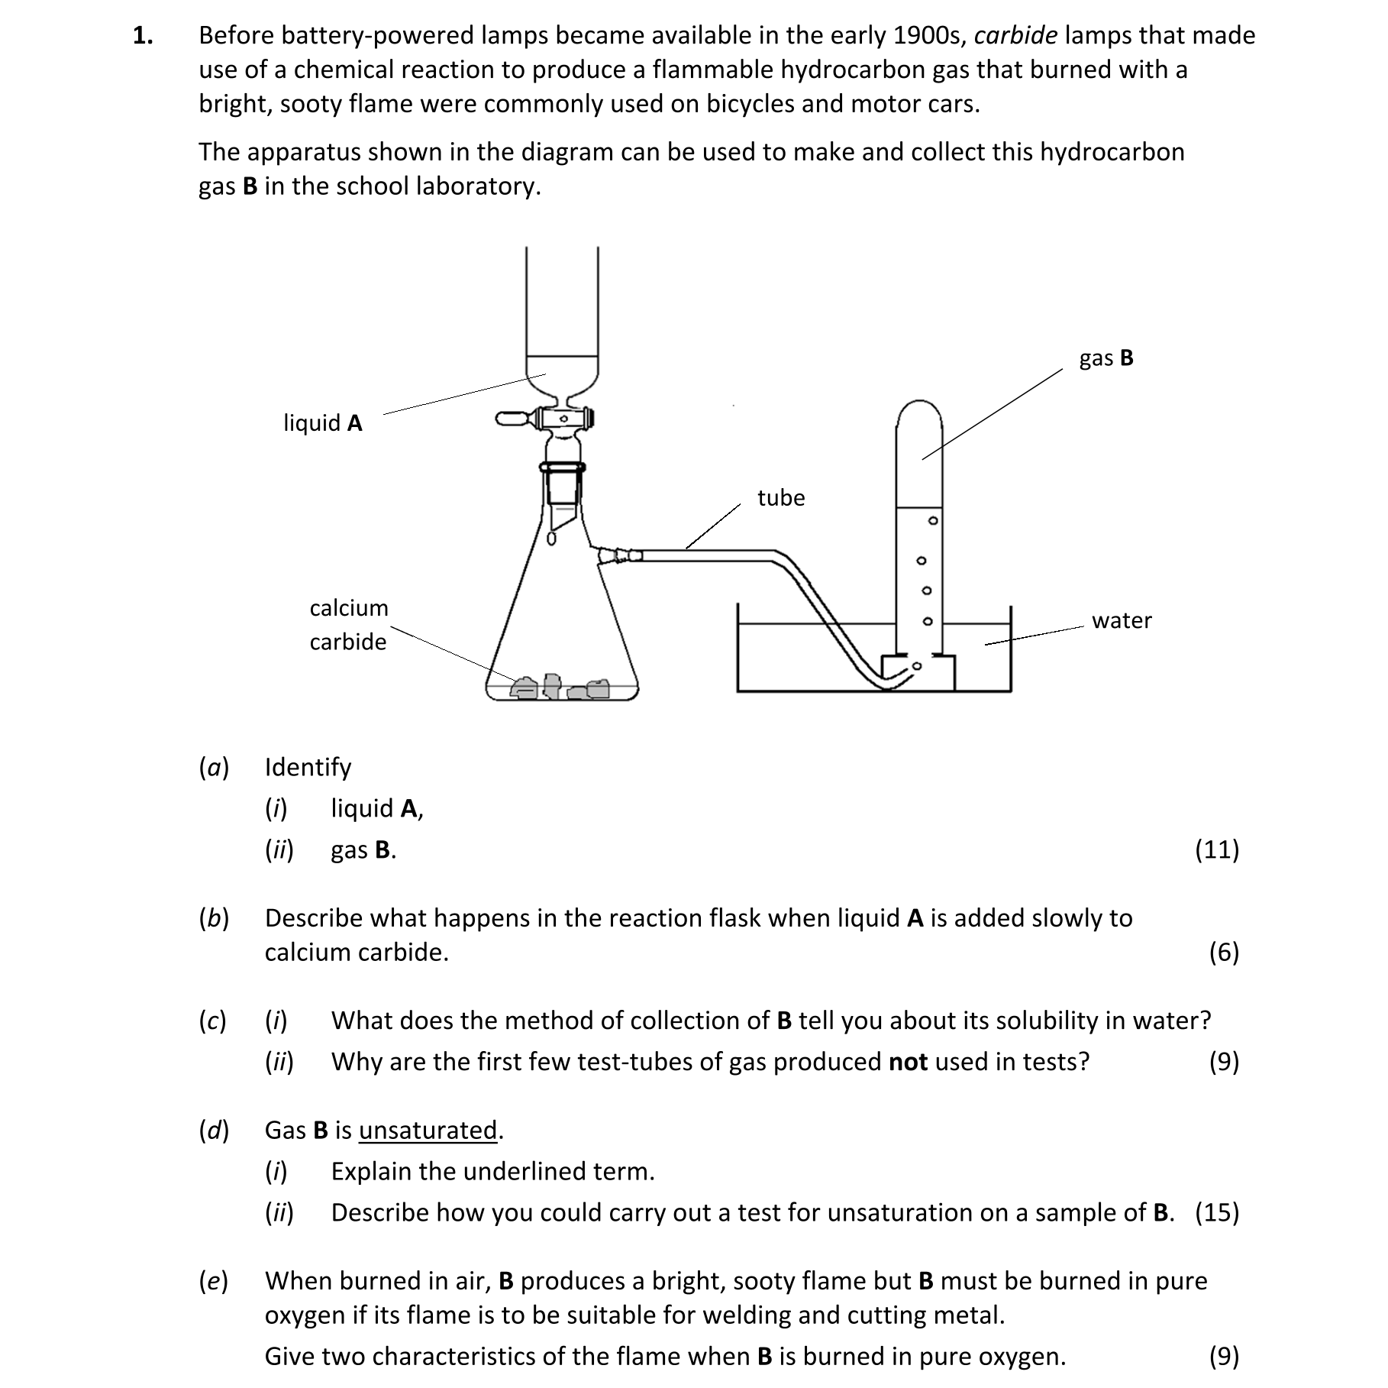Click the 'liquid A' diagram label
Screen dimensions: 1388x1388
pos(322,422)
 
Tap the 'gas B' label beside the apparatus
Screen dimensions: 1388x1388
pos(1106,358)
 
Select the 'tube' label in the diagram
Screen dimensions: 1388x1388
pos(780,497)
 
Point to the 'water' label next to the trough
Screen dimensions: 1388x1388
pos(1121,620)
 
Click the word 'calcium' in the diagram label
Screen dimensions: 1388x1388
pos(349,607)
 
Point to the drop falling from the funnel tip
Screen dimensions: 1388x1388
pos(552,539)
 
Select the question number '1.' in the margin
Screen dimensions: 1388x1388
pos(143,35)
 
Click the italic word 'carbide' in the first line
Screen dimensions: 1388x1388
pos(1015,35)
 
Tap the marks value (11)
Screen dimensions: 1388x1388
pos(1216,849)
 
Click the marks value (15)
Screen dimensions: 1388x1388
pos(1216,1212)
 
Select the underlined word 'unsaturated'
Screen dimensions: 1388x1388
pos(428,1130)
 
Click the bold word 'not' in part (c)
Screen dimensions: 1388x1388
pos(908,1062)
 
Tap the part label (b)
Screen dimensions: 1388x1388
pos(214,917)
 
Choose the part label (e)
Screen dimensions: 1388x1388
pos(214,1281)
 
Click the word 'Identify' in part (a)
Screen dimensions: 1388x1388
pos(308,767)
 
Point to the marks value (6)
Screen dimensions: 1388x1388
pos(1223,952)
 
